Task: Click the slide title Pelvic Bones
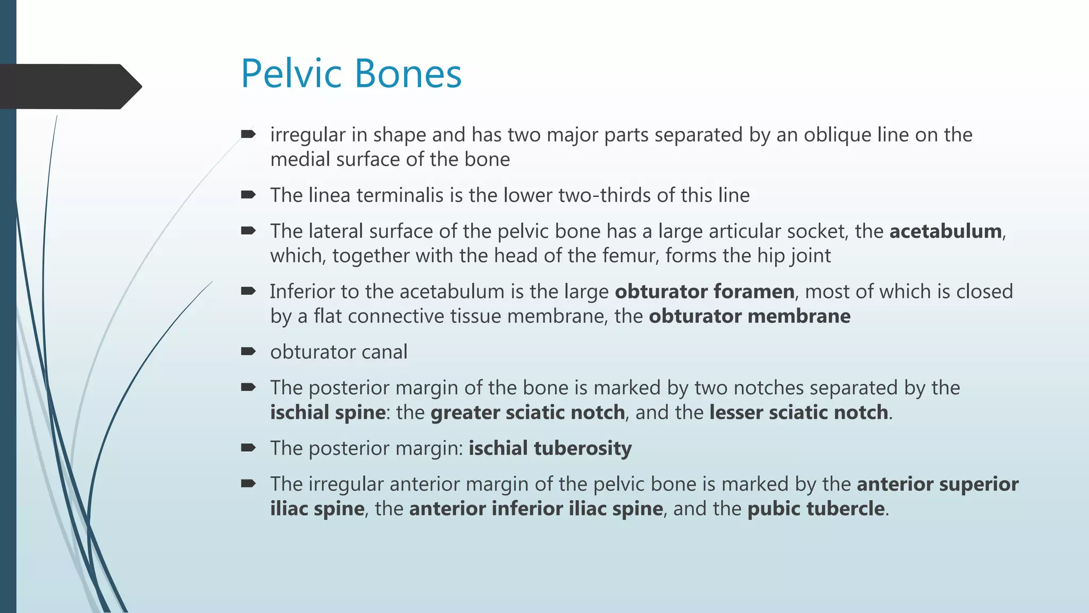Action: pyautogui.click(x=351, y=73)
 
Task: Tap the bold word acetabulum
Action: pyautogui.click(x=945, y=231)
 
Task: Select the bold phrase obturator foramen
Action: pyautogui.click(x=705, y=292)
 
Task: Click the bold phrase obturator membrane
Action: pyautogui.click(x=749, y=317)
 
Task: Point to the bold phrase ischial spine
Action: pyautogui.click(x=328, y=413)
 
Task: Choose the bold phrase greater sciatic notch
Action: pyautogui.click(x=527, y=413)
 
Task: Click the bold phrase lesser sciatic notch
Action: pyautogui.click(x=799, y=413)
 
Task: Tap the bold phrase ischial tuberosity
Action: pyautogui.click(x=550, y=449)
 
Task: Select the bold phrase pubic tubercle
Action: pyautogui.click(x=816, y=509)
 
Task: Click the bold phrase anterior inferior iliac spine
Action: pyautogui.click(x=536, y=509)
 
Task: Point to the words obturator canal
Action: pyautogui.click(x=339, y=352)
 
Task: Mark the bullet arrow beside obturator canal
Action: pyautogui.click(x=248, y=351)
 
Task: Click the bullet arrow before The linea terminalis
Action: pyautogui.click(x=248, y=195)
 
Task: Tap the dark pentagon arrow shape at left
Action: pyautogui.click(x=69, y=86)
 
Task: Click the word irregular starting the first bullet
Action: pyautogui.click(x=308, y=135)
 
